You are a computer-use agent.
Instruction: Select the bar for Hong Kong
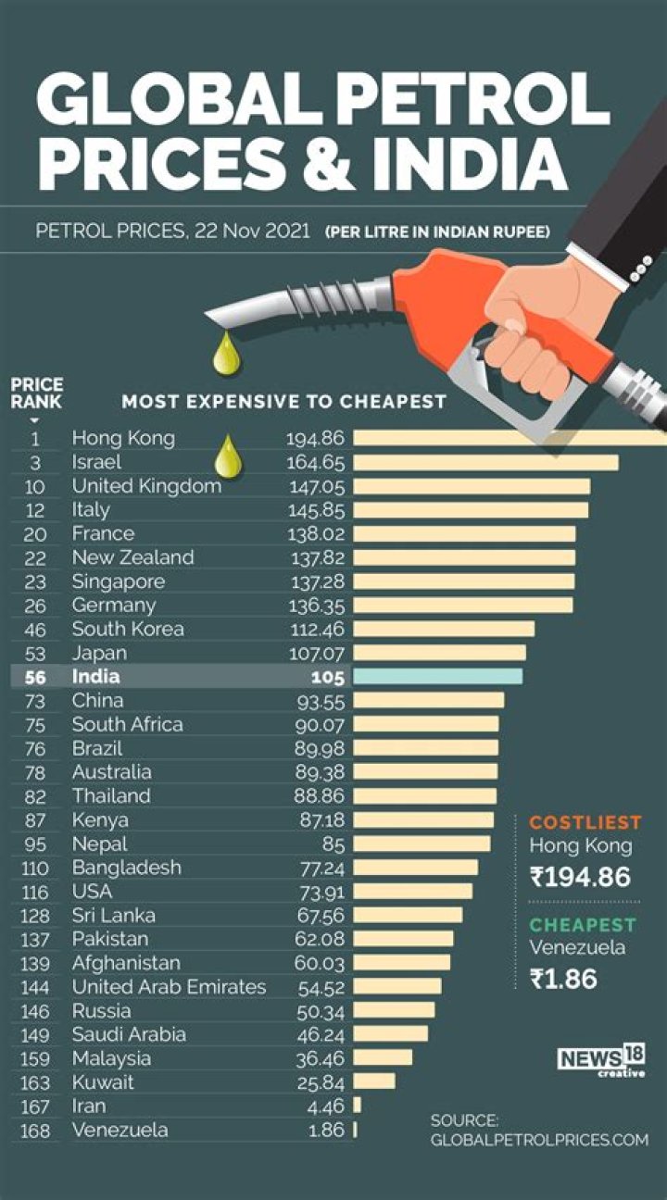(510, 438)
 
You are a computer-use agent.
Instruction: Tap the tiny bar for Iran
(358, 1106)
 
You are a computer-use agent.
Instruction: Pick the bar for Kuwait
(374, 1081)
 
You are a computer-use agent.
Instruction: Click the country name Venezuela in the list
(120, 1130)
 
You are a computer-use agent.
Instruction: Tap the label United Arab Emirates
(169, 987)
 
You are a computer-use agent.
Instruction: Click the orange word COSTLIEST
(585, 822)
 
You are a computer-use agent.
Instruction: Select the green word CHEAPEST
(583, 924)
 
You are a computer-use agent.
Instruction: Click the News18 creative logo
(601, 1061)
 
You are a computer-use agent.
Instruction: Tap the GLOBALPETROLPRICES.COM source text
(539, 1140)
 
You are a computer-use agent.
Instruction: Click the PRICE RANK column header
(37, 394)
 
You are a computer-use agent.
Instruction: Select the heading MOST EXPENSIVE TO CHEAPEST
(283, 402)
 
